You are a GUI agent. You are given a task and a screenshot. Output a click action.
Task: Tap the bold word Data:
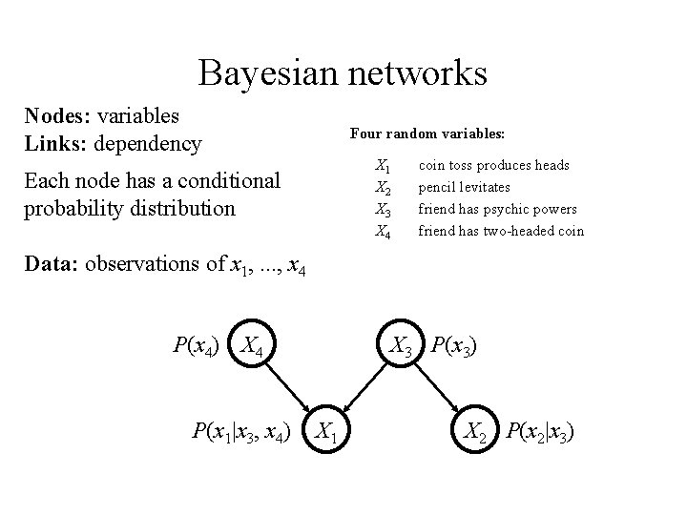[52, 264]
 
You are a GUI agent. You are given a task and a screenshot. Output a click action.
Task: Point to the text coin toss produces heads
[494, 165]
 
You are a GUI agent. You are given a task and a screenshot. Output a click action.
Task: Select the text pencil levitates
[465, 187]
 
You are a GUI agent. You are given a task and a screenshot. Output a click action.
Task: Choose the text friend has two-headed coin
[501, 230]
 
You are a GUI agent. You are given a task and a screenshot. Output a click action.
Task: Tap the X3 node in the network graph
[401, 344]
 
